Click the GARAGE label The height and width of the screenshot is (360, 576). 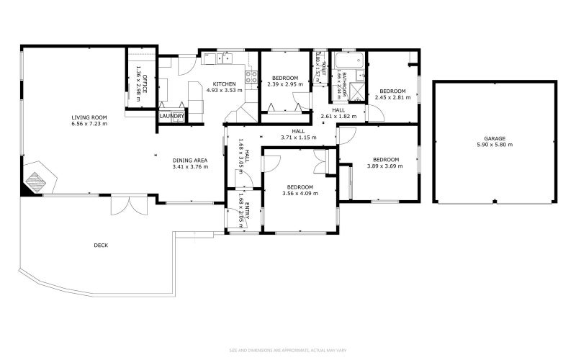(494, 138)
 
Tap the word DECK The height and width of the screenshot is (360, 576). (101, 246)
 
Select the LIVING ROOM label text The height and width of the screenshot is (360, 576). (89, 117)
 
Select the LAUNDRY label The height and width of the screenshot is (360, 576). (172, 116)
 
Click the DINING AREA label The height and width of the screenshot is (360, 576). (190, 160)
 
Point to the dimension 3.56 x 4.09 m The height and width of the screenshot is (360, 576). (300, 193)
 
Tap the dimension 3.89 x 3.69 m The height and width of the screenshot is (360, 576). (386, 166)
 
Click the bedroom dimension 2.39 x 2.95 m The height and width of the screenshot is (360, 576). (285, 84)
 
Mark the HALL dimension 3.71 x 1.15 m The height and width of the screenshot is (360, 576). (298, 137)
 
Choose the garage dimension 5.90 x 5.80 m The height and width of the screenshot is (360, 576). (494, 145)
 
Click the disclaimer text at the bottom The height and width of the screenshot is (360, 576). (288, 351)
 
